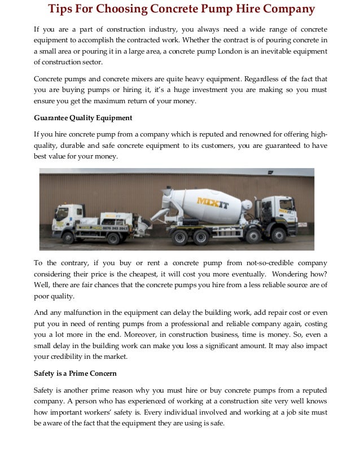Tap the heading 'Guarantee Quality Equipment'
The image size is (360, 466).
click(83, 117)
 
